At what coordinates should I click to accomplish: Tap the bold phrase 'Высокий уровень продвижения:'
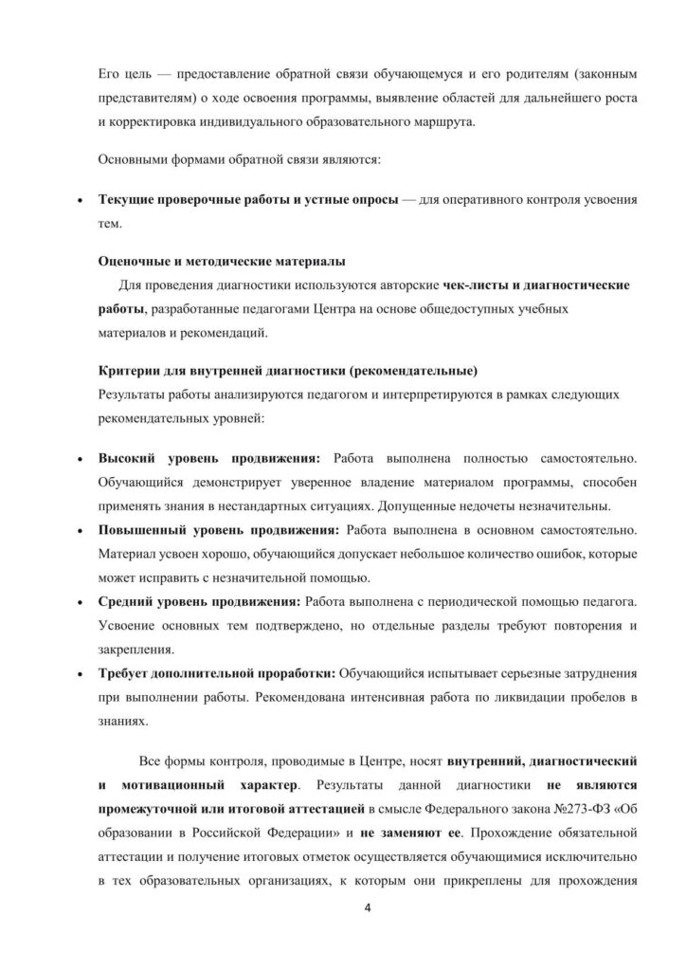209,457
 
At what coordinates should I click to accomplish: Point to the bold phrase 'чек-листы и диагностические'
537,284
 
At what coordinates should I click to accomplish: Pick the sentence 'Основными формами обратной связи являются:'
241,159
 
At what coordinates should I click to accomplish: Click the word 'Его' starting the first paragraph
111,73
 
